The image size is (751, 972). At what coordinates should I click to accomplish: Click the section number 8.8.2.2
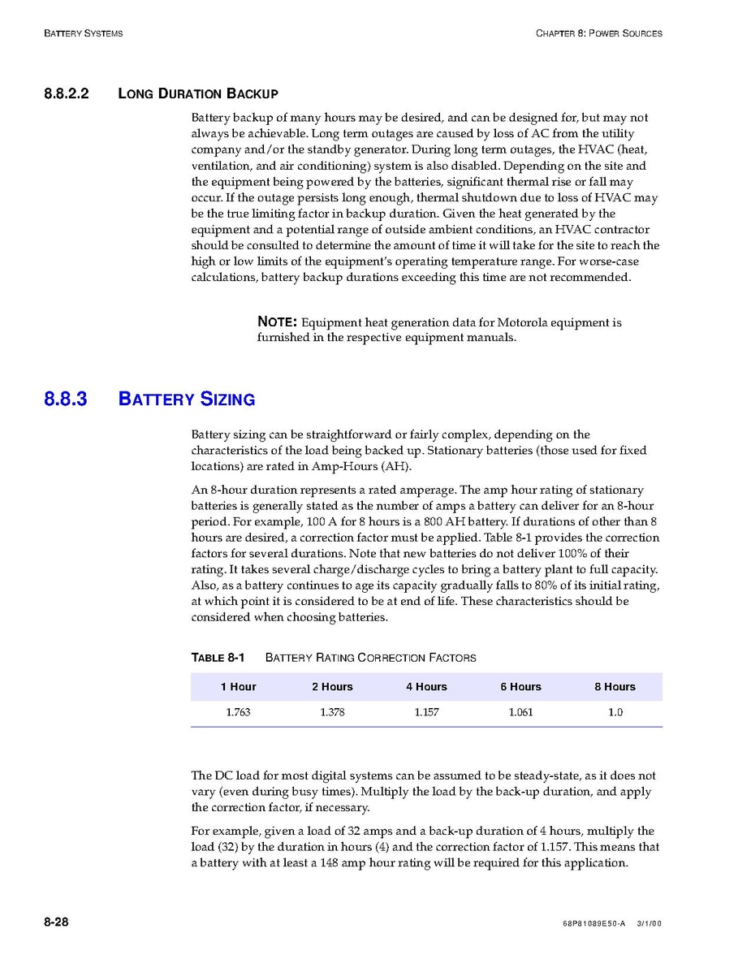pos(67,93)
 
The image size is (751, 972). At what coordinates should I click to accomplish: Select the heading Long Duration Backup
pos(198,93)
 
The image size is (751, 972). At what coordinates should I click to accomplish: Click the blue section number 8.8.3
pos(66,399)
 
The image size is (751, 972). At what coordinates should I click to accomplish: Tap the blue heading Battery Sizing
pos(187,399)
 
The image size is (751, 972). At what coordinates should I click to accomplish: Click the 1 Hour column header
pos(238,687)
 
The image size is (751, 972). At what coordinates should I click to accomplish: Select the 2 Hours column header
pos(332,687)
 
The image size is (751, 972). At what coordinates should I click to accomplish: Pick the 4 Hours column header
pos(426,687)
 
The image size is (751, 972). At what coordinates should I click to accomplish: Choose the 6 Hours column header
pos(520,687)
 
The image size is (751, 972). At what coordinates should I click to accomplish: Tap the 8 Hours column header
pos(615,687)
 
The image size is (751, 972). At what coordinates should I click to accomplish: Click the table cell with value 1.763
pos(238,713)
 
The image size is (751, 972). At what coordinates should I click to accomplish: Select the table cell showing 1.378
pos(332,713)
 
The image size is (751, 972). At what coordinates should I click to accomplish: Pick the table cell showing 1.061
pos(520,713)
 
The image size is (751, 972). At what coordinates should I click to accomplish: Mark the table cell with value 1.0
pos(615,713)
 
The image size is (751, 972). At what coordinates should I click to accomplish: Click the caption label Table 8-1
pos(218,657)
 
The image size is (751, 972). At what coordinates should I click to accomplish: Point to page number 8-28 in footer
pos(56,922)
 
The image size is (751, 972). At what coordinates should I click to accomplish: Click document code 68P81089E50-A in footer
pos(593,924)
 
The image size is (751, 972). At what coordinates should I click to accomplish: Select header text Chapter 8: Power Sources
pos(598,33)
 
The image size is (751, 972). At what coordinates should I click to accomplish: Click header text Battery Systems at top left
pos(84,33)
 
